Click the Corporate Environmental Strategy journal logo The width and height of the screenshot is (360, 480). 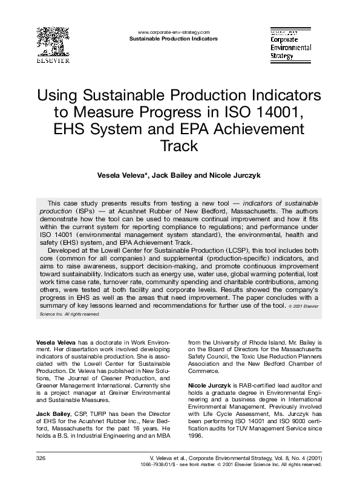coord(290,44)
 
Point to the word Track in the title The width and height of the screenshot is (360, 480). coord(179,146)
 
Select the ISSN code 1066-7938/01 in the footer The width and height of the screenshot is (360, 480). coord(174,465)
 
